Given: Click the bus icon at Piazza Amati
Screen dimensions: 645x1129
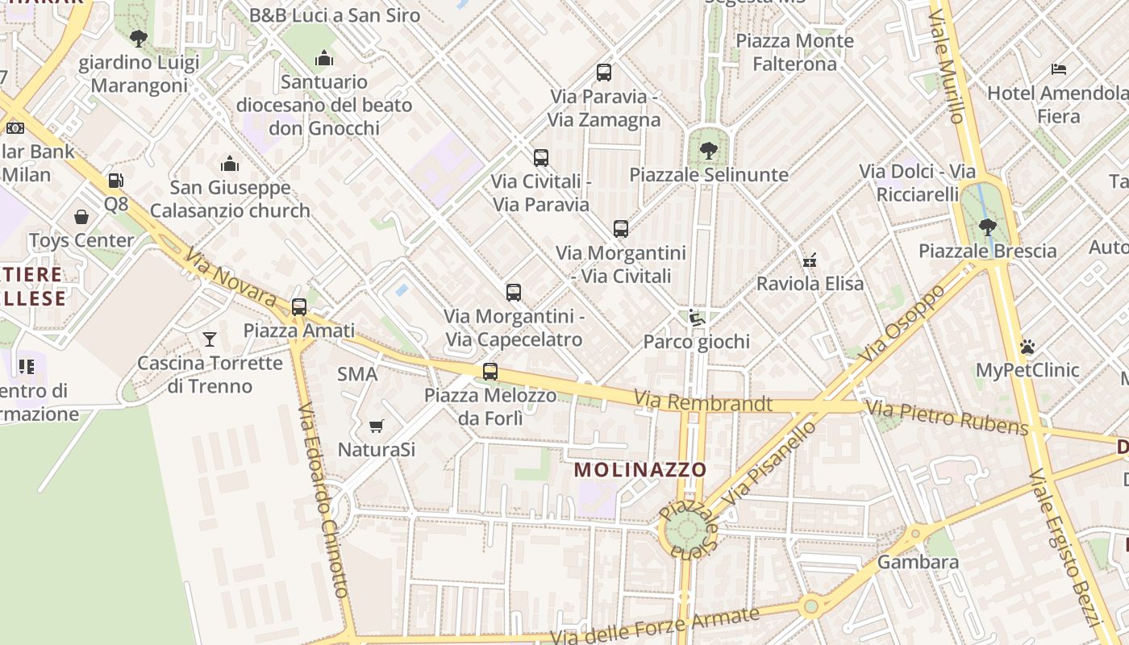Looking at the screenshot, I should [x=299, y=307].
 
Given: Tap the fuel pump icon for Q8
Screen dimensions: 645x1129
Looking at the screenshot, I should [x=116, y=181].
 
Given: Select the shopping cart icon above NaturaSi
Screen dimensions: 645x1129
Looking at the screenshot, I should [x=376, y=426].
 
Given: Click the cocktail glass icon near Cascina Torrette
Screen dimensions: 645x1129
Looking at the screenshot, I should [x=210, y=339].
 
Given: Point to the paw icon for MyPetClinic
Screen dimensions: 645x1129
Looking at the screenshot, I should [x=1027, y=347].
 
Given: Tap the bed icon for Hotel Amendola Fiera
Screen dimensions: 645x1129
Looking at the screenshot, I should [x=1059, y=69].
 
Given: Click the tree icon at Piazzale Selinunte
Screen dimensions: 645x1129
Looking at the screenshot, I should [x=708, y=150].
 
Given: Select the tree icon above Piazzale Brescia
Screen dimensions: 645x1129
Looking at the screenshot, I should [x=987, y=227].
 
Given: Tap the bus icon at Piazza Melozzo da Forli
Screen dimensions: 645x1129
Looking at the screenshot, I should [x=490, y=372].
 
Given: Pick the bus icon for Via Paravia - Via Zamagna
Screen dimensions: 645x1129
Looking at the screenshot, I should [x=604, y=73].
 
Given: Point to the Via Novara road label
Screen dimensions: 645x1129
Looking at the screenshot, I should [x=230, y=278].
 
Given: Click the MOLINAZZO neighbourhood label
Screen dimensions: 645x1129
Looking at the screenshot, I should [x=640, y=469].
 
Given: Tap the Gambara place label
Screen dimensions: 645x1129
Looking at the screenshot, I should [x=918, y=561].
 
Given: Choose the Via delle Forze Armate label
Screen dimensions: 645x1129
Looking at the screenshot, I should [x=655, y=626].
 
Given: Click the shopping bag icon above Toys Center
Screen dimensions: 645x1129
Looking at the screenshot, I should [x=81, y=217].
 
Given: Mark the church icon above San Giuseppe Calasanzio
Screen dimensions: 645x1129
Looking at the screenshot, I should [x=230, y=164].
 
